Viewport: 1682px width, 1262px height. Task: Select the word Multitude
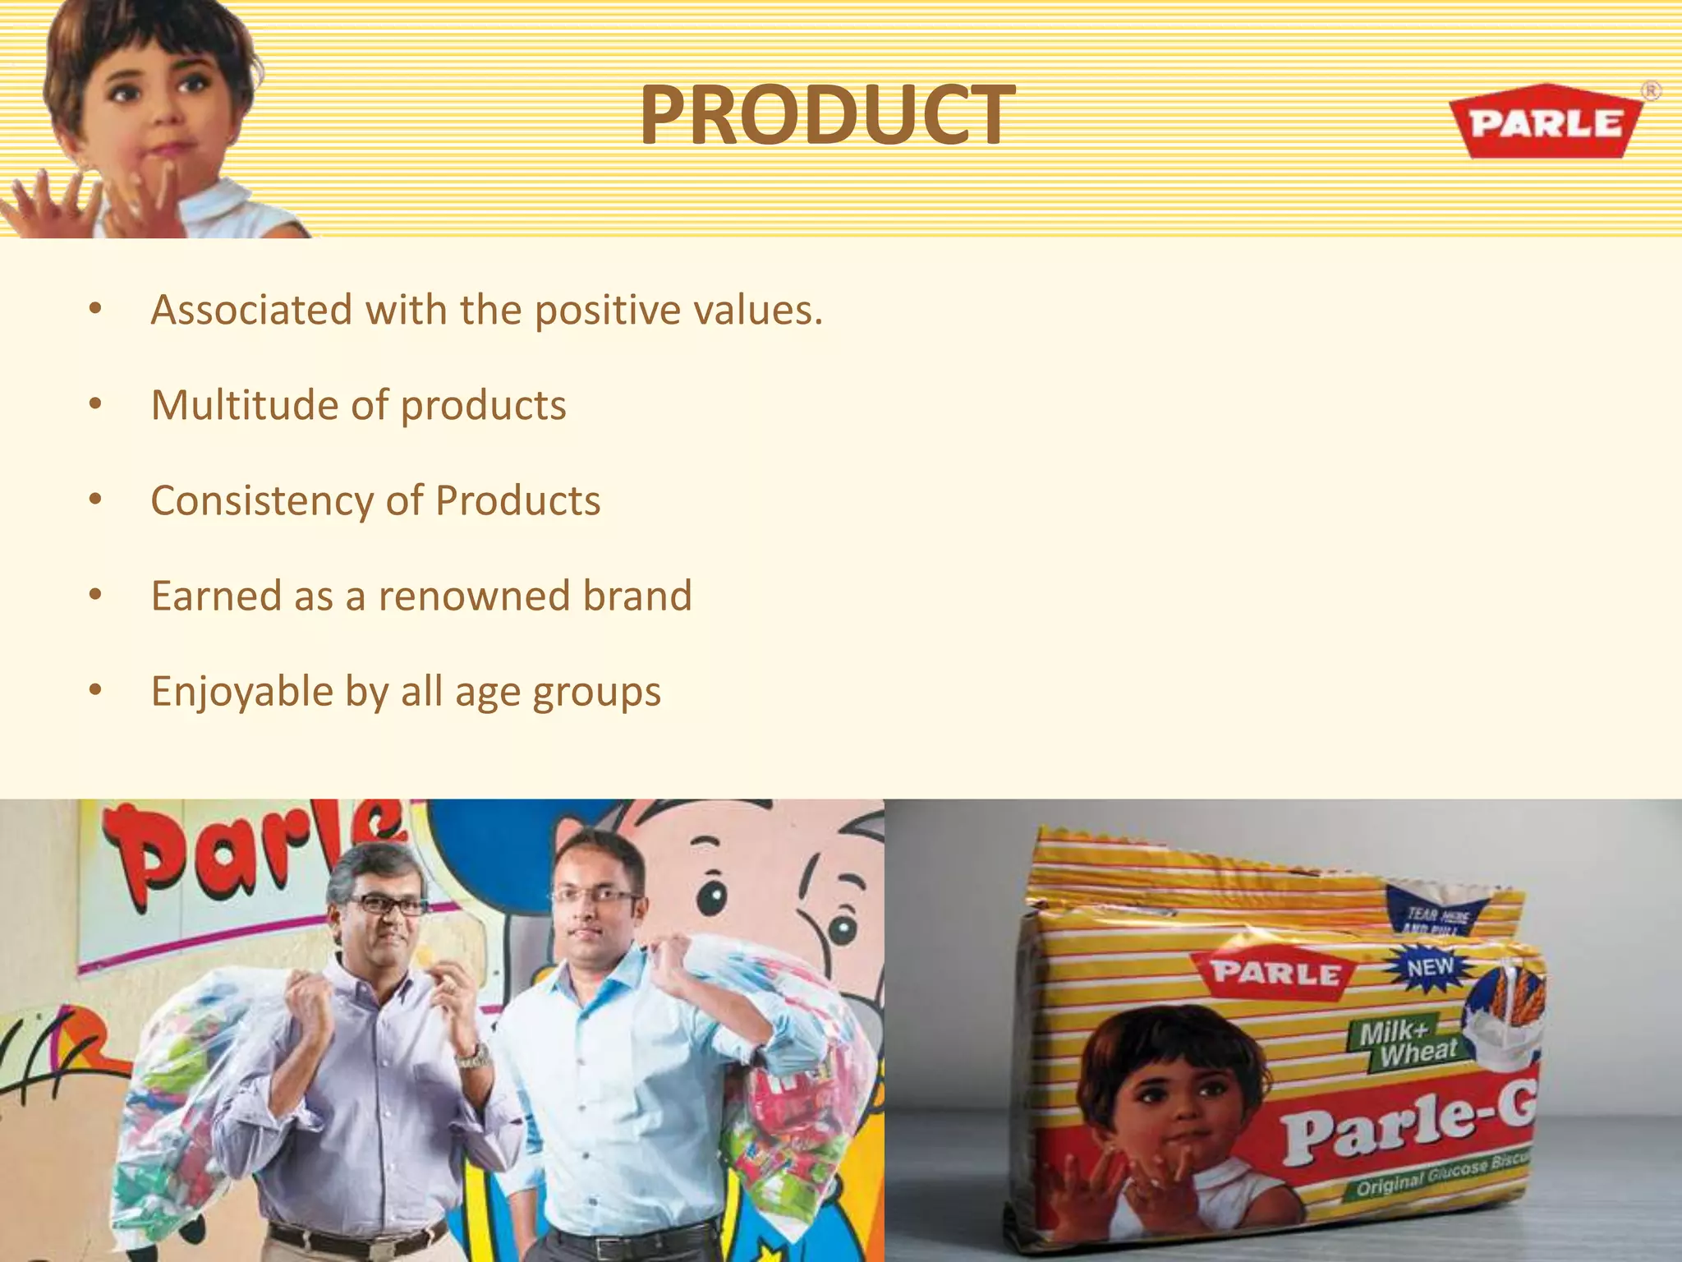(244, 405)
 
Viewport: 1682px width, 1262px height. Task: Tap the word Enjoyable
(242, 692)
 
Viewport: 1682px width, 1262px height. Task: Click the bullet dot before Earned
(95, 595)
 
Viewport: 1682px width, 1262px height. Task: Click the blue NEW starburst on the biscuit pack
(1430, 968)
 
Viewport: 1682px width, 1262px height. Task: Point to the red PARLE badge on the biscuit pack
(1275, 974)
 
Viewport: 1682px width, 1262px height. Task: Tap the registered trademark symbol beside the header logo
(1650, 91)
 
